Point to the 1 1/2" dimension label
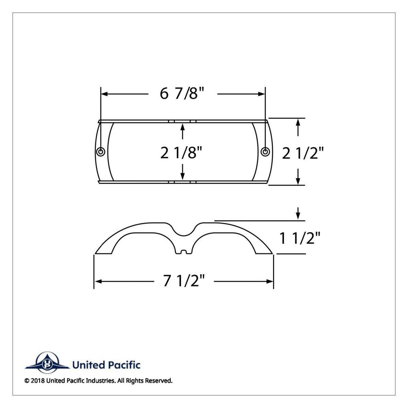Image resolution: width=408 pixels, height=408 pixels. click(x=300, y=238)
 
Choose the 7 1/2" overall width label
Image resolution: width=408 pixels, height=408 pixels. click(x=184, y=281)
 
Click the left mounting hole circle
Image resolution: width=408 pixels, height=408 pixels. click(x=101, y=152)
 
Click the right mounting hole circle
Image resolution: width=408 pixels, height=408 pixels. click(x=265, y=152)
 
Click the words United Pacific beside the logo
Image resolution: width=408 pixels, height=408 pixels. click(x=106, y=365)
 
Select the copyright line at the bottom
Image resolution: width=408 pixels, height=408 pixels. click(x=99, y=380)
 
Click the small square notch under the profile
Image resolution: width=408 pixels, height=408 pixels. click(x=184, y=252)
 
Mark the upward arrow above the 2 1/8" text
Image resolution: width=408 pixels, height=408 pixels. click(x=183, y=127)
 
